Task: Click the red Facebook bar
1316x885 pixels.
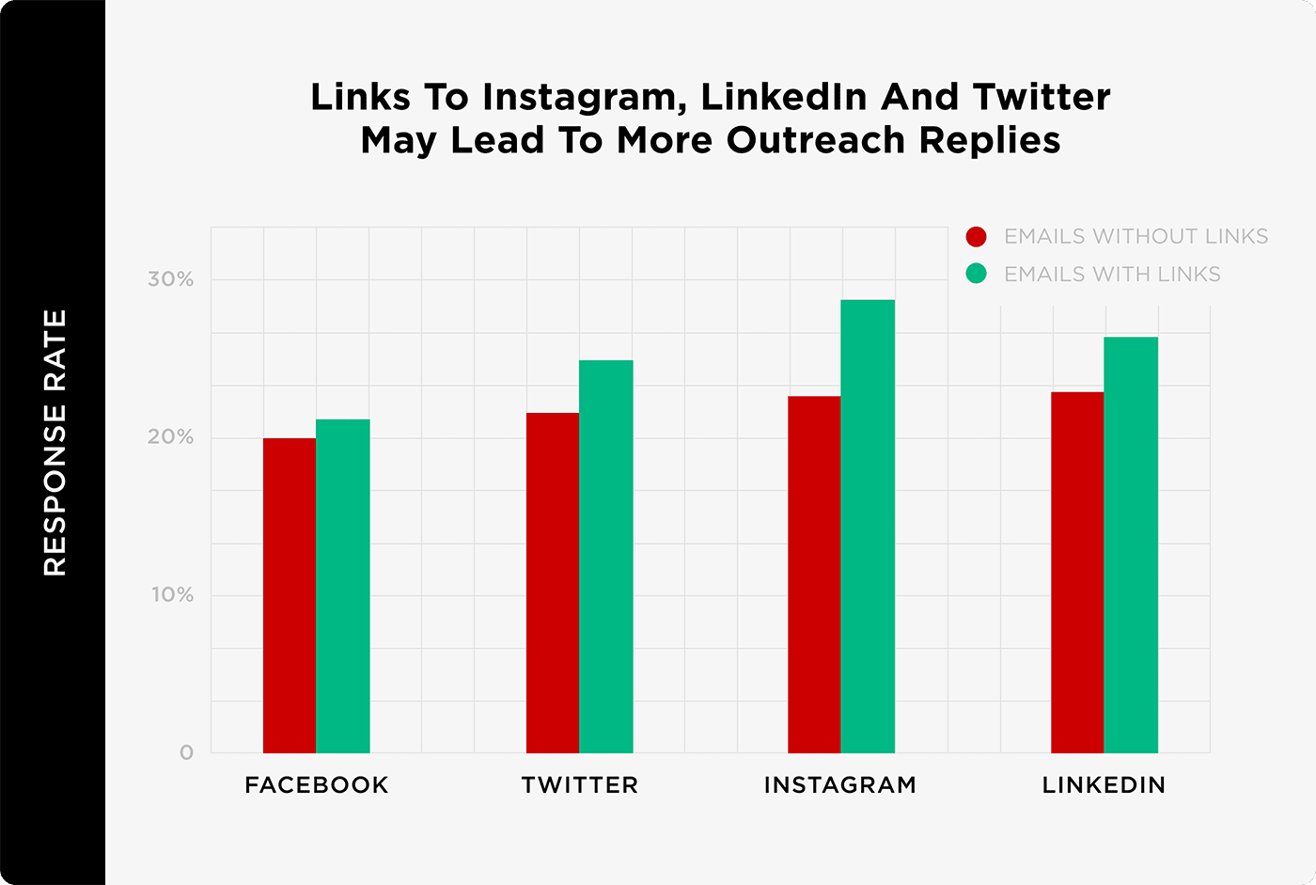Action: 290,595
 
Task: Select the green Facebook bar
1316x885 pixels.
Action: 343,586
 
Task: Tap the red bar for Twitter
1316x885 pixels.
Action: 553,583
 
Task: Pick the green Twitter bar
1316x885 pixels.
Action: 606,557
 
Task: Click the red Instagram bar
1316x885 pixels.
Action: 814,575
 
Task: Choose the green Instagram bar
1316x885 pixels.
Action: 868,527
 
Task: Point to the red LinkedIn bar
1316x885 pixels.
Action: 1077,572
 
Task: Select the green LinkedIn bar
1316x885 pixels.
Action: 1131,545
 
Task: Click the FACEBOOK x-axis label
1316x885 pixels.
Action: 317,785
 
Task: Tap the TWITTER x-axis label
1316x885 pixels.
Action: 580,785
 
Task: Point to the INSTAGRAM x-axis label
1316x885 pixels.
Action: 840,785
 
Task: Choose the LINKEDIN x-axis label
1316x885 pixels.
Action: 1104,785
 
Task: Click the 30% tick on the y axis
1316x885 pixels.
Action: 171,279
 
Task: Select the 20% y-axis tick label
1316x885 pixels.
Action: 171,437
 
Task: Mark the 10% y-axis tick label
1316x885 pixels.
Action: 173,595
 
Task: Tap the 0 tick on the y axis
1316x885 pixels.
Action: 186,752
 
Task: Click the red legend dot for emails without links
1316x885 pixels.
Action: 977,236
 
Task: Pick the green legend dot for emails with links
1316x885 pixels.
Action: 977,274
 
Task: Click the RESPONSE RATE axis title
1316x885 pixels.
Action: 55,442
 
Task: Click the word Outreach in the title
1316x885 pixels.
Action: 817,140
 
